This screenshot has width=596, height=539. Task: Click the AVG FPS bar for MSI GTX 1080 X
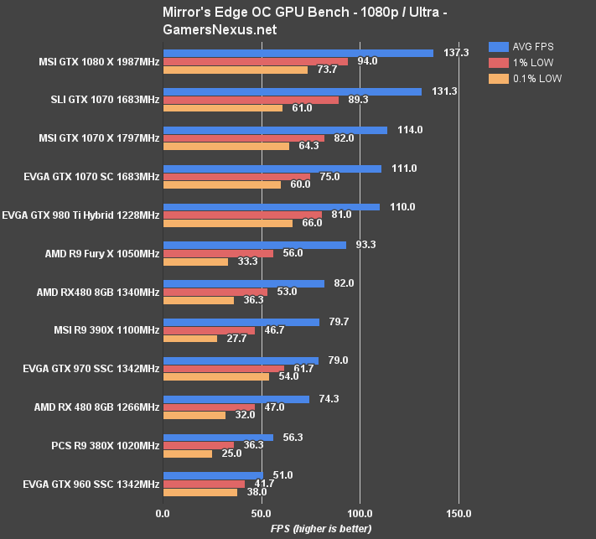click(x=298, y=53)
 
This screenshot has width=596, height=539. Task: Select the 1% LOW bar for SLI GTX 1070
click(x=251, y=100)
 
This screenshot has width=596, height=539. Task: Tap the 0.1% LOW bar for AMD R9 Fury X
click(x=195, y=262)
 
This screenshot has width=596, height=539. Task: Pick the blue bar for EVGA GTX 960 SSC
click(x=213, y=475)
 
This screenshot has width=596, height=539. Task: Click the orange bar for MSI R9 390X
click(x=189, y=339)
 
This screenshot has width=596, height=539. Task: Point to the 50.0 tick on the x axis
click(x=262, y=513)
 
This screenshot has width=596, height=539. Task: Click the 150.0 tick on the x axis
click(x=459, y=513)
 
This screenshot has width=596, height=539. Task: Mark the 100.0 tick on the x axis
click(x=360, y=513)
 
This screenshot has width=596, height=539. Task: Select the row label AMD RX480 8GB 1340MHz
click(x=98, y=292)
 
